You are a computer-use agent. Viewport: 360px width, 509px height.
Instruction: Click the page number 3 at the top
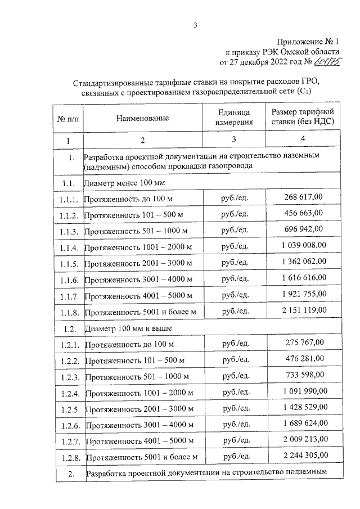(195, 25)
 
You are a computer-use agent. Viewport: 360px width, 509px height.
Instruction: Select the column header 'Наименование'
(143, 118)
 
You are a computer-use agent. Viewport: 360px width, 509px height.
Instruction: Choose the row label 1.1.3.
(69, 232)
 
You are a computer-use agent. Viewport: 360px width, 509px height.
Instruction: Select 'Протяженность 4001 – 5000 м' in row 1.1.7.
(139, 296)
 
